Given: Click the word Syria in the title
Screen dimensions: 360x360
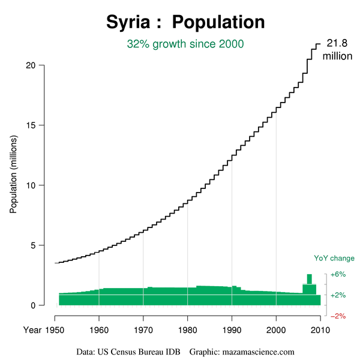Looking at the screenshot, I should coord(127,22).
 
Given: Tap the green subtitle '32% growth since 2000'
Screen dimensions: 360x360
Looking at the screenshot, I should coord(185,44).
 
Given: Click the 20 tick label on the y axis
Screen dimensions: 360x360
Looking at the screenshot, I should coord(32,65).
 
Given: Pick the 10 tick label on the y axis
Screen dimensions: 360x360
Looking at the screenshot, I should coord(32,185).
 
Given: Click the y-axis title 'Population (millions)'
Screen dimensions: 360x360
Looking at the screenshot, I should coord(13,175).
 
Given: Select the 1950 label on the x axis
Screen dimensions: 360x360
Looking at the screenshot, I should coord(55,330).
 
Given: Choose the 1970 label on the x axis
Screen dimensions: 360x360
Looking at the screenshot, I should coord(143,330).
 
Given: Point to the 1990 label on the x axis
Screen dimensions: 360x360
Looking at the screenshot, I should coord(232,330).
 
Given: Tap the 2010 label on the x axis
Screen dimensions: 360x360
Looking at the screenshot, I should coord(320,330).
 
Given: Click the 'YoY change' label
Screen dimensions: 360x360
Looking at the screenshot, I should coord(334,259).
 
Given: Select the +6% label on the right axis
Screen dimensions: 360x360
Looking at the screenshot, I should coord(338,274).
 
